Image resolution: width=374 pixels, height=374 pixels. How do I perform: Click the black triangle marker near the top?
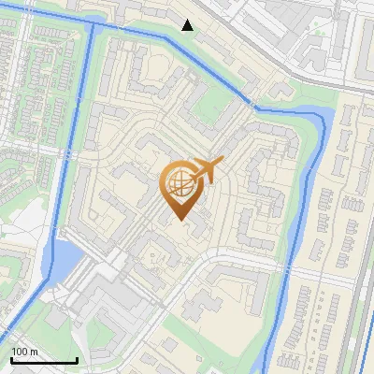pyautogui.click(x=188, y=25)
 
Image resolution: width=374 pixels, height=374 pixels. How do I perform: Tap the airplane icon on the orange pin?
pyautogui.click(x=205, y=170)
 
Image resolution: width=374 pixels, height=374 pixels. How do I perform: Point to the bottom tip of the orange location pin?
pyautogui.click(x=179, y=221)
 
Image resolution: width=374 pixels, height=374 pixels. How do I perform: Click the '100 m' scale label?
pyautogui.click(x=24, y=352)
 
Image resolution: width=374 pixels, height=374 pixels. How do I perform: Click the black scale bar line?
pyautogui.click(x=43, y=360)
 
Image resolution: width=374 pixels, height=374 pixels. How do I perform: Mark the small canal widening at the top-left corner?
pyautogui.click(x=93, y=25)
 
